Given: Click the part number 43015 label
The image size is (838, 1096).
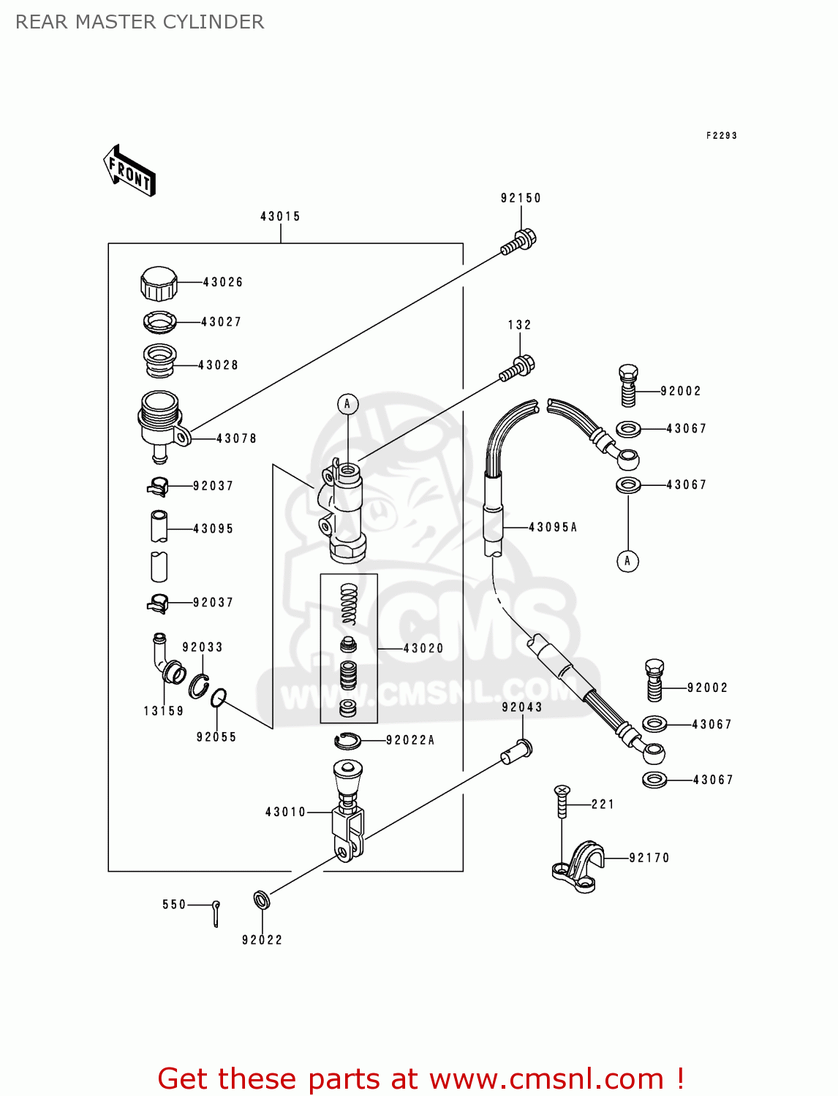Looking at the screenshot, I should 280,216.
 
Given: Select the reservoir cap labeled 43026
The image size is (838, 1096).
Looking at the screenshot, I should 159,284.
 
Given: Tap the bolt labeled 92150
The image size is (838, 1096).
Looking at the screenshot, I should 518,243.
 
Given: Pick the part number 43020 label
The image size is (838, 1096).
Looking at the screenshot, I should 423,648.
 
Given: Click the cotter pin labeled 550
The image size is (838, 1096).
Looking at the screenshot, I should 216,913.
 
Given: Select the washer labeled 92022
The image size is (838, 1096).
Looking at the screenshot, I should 261,900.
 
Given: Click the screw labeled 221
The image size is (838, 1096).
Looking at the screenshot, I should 562,802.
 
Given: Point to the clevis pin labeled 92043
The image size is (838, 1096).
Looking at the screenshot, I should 517,751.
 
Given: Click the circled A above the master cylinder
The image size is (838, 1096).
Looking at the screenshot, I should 347,404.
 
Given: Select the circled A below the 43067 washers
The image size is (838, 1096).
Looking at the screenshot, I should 627,561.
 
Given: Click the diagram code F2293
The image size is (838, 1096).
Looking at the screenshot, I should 721,135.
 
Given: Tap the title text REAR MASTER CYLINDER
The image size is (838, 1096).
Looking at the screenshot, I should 140,22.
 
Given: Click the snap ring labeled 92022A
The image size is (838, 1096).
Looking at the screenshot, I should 348,741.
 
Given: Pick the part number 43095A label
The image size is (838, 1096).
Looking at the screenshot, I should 553,527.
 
